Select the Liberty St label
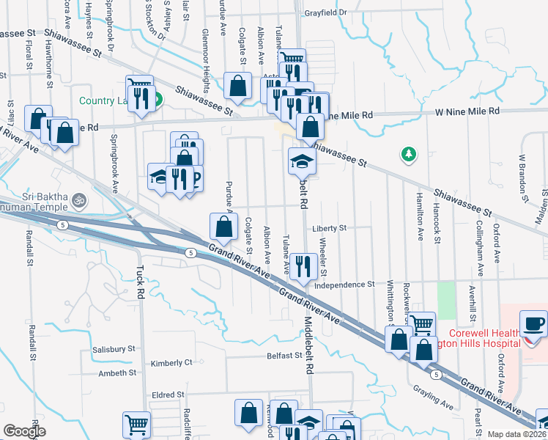[x=328, y=228]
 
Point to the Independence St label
[x=344, y=284]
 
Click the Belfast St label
[x=284, y=356]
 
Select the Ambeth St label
[x=118, y=373]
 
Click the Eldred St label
[x=168, y=395]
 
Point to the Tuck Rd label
[x=141, y=282]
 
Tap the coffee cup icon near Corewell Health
[x=533, y=323]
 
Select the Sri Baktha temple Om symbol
[x=78, y=198]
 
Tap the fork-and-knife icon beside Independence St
[x=303, y=265]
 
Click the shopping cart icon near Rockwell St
[x=421, y=324]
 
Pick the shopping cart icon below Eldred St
[x=137, y=424]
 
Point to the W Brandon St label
[x=523, y=178]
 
